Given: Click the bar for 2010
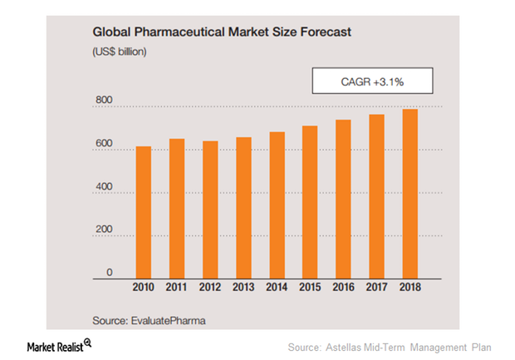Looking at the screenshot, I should [x=144, y=212].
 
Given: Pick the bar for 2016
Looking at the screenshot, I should [x=342, y=199].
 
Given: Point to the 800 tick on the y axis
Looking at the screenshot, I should [x=103, y=101].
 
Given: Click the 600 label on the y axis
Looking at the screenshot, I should [x=103, y=145].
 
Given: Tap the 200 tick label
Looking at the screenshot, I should [x=103, y=231].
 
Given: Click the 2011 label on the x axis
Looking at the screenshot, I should [x=176, y=288].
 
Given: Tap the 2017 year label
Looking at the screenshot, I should [x=376, y=288].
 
